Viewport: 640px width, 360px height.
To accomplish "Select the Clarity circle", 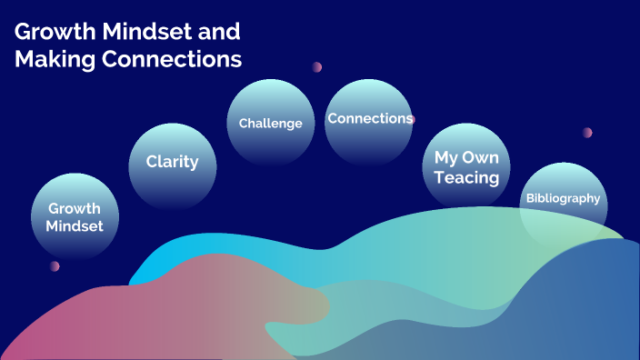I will point(172,164).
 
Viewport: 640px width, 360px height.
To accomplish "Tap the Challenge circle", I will point(270,123).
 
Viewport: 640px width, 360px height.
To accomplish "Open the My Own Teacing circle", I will point(466,167).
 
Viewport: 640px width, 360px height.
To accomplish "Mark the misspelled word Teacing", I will point(466,178).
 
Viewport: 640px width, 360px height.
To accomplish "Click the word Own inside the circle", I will point(481,156).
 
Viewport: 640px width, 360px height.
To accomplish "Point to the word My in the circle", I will point(445,156).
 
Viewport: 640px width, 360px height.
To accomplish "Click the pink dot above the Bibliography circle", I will point(587,133).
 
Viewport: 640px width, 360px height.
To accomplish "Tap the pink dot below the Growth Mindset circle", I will point(55,266).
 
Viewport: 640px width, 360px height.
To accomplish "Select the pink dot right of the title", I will point(316,66).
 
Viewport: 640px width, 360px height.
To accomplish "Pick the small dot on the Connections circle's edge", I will point(412,119).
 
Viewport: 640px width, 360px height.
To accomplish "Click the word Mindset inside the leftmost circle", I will point(75,225).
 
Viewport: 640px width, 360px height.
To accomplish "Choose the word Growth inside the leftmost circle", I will point(75,209).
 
